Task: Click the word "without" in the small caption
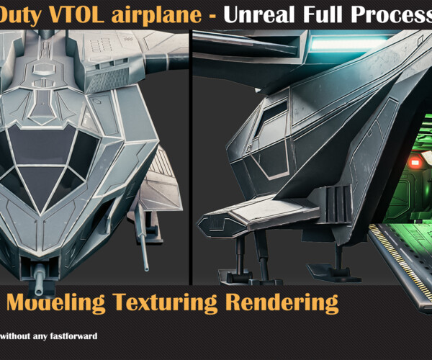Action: tap(15, 336)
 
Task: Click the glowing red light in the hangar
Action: tap(413, 163)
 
